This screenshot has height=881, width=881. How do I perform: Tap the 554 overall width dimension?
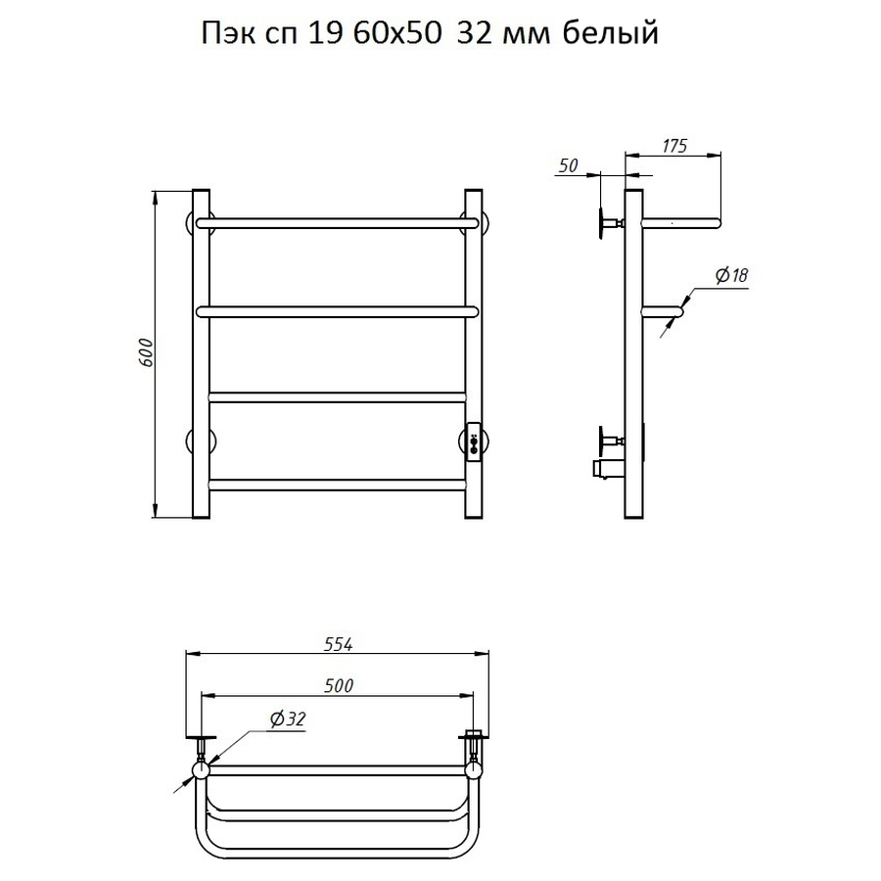pyautogui.click(x=339, y=644)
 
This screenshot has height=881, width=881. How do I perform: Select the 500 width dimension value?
pyautogui.click(x=339, y=685)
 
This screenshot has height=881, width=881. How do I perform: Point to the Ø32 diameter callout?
pyautogui.click(x=288, y=719)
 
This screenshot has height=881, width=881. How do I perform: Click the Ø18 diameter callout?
pyautogui.click(x=731, y=275)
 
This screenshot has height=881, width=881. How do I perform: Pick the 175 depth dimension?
pyautogui.click(x=674, y=146)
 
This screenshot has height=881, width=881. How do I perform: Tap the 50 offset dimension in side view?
pyautogui.click(x=569, y=165)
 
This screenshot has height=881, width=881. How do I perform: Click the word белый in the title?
pyautogui.click(x=610, y=33)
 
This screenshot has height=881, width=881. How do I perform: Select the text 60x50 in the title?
pyautogui.click(x=396, y=33)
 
